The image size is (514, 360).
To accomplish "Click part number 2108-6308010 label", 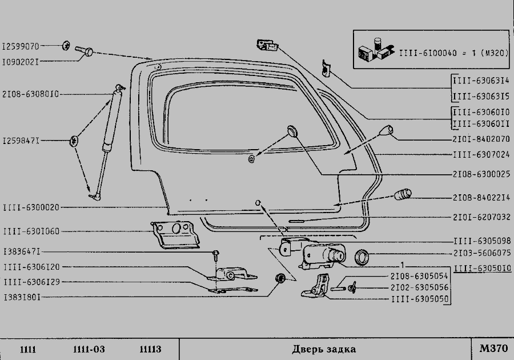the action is (30, 94).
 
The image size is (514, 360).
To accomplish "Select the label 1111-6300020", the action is (31, 207).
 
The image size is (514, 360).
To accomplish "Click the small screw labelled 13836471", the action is (216, 255).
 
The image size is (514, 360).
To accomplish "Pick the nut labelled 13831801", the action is (280, 278).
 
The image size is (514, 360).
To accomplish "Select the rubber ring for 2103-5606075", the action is (362, 257).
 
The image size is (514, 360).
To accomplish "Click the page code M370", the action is (493, 348).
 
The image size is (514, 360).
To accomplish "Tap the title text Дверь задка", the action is (324, 349).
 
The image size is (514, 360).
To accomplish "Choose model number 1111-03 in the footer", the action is (89, 349).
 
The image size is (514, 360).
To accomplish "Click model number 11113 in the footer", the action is (150, 349).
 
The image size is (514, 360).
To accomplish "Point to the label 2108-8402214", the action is (481, 198).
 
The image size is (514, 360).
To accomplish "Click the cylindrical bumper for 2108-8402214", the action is (403, 194).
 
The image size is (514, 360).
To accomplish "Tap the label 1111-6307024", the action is (481, 154).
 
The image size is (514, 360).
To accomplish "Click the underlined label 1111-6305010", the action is (483, 268).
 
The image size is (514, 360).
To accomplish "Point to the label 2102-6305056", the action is (419, 287).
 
